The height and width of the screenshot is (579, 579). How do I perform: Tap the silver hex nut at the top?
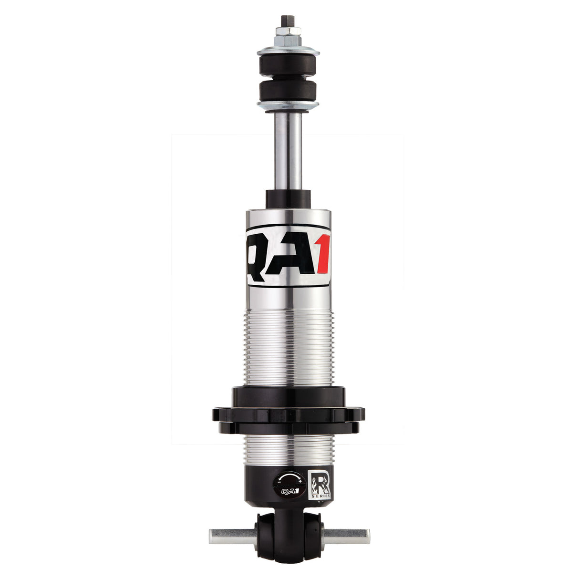tap(288, 34)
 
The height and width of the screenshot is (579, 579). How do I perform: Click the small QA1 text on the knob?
tap(288, 491)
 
